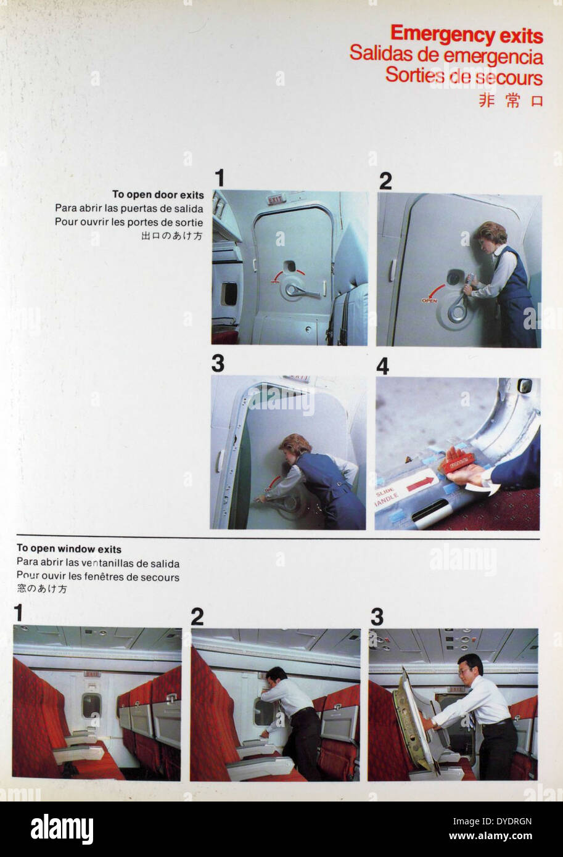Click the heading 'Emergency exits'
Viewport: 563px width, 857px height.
coord(466,35)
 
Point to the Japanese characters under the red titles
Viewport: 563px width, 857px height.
coord(511,100)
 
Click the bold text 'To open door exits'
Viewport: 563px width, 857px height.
coord(158,195)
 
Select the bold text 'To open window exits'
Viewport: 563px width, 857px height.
coord(68,549)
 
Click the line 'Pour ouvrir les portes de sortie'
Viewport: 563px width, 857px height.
coord(129,222)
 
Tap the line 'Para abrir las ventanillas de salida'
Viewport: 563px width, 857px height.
coord(98,563)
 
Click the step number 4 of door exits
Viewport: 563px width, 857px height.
coord(382,366)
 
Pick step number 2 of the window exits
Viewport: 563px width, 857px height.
coord(197,617)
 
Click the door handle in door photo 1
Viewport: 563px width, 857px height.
coord(302,291)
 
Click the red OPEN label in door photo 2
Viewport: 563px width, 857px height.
coord(429,300)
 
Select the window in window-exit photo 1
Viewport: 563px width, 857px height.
coord(91,705)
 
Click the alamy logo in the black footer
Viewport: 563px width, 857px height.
coord(62,829)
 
